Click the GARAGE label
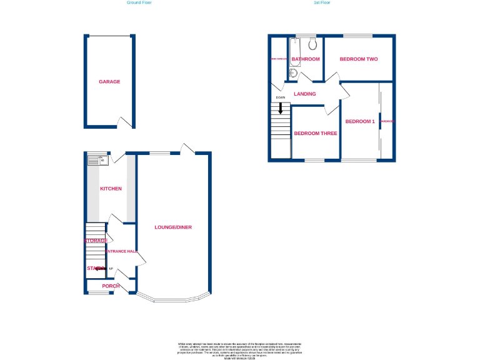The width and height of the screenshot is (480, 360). tap(109, 82)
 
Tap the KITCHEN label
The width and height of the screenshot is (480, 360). tap(111, 189)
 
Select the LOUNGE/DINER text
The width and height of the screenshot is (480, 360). tap(173, 227)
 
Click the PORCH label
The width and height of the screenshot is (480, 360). tap(111, 286)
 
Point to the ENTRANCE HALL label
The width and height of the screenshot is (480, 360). tap(122, 251)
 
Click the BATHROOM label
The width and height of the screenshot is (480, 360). tap(306, 59)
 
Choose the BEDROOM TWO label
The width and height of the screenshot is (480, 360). tap(359, 59)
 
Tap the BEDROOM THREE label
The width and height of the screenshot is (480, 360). tap(316, 133)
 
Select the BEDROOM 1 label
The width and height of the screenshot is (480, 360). tap(360, 121)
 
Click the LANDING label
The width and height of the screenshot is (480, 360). tap(305, 94)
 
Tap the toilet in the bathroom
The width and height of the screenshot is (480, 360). tap(312, 44)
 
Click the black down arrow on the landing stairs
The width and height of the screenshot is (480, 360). tap(281, 107)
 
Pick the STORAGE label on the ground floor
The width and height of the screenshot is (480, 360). tap(96, 241)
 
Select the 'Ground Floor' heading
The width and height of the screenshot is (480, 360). tap(139, 2)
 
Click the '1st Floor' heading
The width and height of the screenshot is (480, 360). tap(322, 2)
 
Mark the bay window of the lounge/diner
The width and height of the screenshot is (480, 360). tap(173, 299)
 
